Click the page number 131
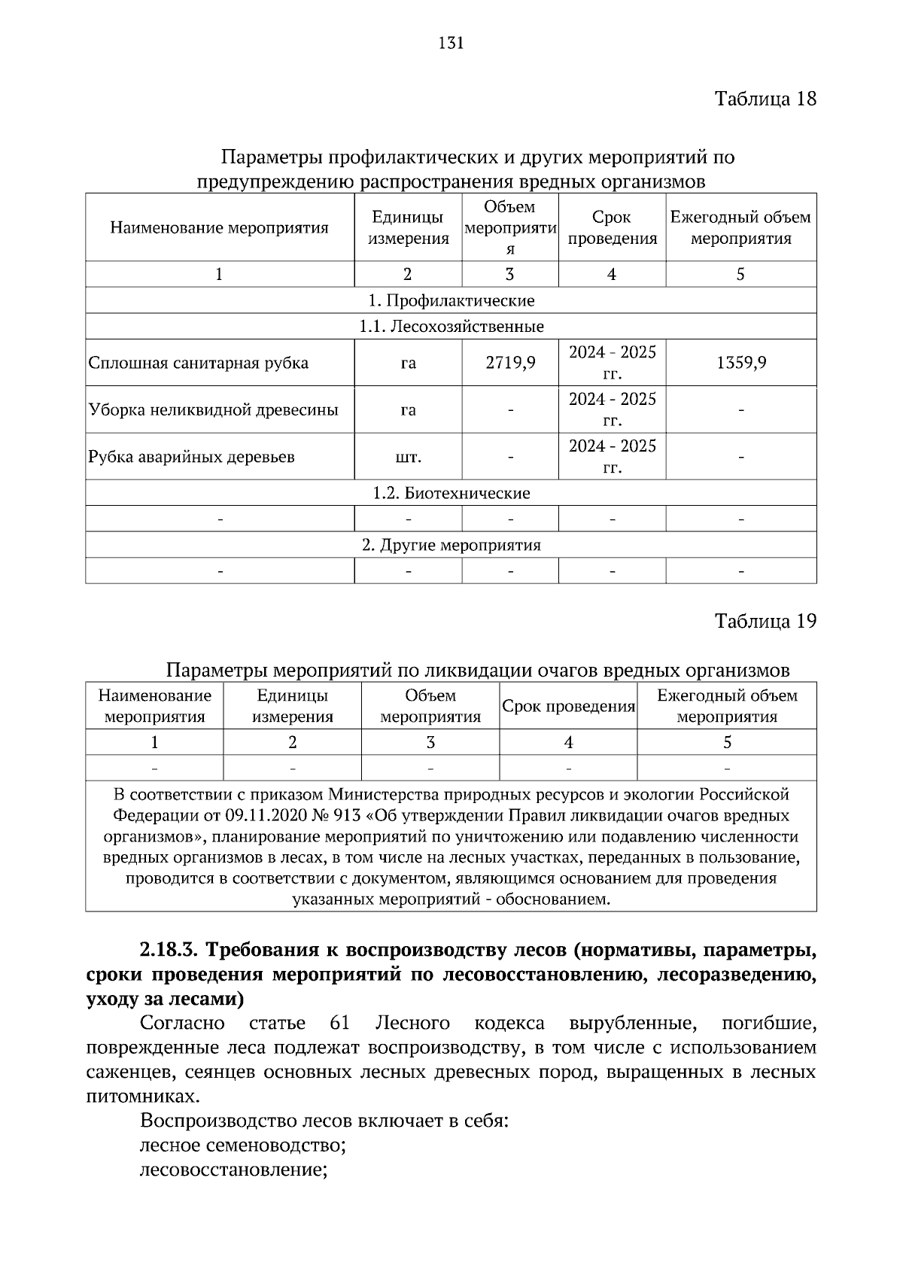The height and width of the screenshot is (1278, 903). pos(451,43)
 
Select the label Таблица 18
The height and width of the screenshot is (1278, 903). pos(765,99)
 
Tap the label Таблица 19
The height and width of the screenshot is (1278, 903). pos(765,621)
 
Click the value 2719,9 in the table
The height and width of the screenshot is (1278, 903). pos(510,363)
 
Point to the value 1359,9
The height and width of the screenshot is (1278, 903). pos(741,363)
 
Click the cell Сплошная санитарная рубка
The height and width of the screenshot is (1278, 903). pos(199,363)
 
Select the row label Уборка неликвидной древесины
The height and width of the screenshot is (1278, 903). pos(214,410)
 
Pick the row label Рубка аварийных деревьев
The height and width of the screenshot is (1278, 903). pos(192,457)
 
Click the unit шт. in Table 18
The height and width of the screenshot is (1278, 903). pos(408,457)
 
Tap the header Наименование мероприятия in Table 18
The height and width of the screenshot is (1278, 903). pos(219,228)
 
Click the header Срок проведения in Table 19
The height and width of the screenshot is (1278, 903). pos(568,707)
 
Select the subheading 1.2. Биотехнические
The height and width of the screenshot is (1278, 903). pos(451,494)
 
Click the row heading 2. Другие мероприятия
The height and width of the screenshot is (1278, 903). pos(451,545)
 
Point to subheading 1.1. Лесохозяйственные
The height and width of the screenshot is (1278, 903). pos(451,327)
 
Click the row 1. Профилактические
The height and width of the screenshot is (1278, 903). pos(451,301)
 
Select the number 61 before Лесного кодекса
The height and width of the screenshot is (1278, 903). pos(340,1024)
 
